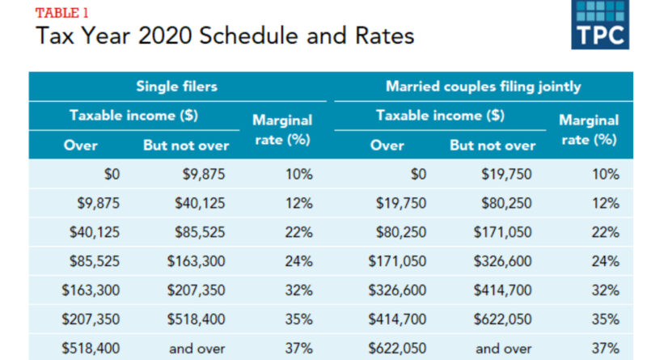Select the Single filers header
click(x=176, y=86)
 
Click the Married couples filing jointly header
click(x=483, y=86)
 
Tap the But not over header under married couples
click(x=493, y=146)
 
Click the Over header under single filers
click(x=81, y=146)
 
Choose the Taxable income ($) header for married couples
click(x=440, y=116)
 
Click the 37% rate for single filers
click(x=298, y=348)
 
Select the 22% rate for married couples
click(x=605, y=232)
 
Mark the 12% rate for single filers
click(x=298, y=203)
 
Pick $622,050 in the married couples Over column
click(x=397, y=348)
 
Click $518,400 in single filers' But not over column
click(x=197, y=319)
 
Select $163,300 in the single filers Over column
click(x=91, y=290)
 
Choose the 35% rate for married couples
click(x=605, y=319)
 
